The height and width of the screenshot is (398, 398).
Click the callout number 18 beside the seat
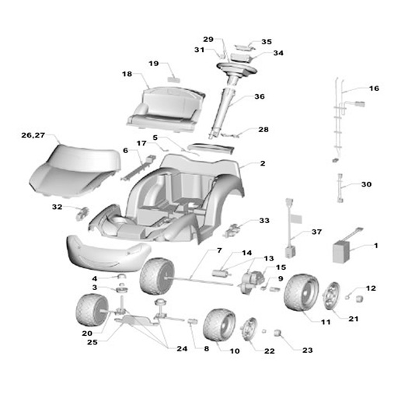pyautogui.click(x=127, y=74)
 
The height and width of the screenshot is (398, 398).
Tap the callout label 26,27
pyautogui.click(x=33, y=135)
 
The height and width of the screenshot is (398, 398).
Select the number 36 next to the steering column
pyautogui.click(x=260, y=96)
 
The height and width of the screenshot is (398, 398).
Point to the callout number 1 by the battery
pyautogui.click(x=376, y=246)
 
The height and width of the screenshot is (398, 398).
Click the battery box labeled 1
pyautogui.click(x=341, y=252)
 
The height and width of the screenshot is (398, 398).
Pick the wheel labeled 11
pyautogui.click(x=301, y=292)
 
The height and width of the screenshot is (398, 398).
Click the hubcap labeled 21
pyautogui.click(x=331, y=296)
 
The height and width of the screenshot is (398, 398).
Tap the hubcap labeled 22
pyautogui.click(x=249, y=330)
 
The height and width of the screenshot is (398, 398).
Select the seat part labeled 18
pyautogui.click(x=166, y=109)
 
